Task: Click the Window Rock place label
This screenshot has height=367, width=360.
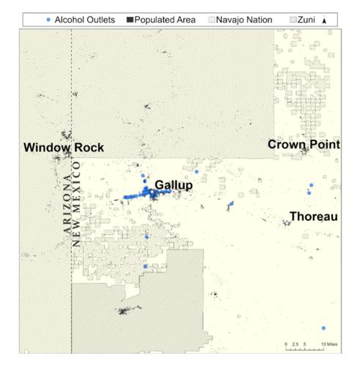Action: [x=64, y=148]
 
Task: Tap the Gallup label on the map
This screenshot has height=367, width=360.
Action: [x=174, y=186]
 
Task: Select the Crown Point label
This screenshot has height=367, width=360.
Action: [x=304, y=145]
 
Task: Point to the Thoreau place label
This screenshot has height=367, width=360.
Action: [x=313, y=217]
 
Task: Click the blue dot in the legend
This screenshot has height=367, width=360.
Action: [x=48, y=20]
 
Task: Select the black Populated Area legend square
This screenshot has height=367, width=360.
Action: [x=131, y=20]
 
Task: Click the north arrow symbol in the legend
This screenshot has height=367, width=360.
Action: [x=325, y=20]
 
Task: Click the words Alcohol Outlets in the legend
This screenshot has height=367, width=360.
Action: [x=84, y=20]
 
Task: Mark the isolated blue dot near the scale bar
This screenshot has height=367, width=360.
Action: [x=323, y=328]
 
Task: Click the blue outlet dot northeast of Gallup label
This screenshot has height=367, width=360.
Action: [x=196, y=172]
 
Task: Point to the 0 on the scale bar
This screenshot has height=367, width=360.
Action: [x=285, y=344]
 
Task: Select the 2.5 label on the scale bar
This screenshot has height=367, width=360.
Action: [x=295, y=344]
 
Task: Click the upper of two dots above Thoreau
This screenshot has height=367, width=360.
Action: [x=312, y=186]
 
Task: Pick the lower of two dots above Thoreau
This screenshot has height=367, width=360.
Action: [x=309, y=193]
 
